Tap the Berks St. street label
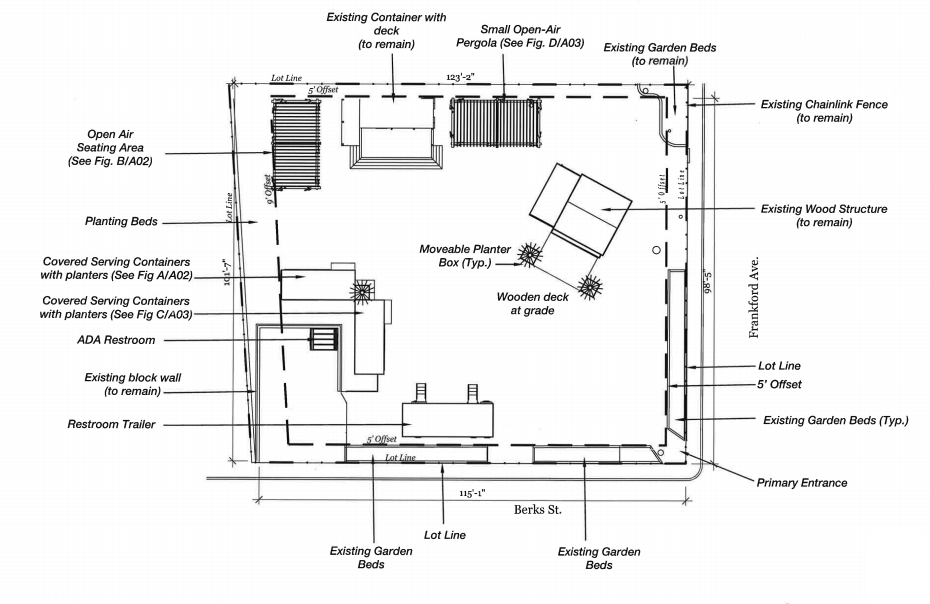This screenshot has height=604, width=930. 538,509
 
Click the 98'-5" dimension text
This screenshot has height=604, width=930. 709,282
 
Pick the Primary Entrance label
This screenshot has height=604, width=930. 801,483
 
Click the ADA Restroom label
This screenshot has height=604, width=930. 116,340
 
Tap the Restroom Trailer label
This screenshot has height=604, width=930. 111,424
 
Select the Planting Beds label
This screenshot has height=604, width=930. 122,221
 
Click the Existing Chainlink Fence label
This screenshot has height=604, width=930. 824,111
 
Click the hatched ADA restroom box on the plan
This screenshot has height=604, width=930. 324,339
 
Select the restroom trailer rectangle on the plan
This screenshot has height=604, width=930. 448,417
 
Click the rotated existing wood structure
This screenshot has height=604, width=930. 580,214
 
